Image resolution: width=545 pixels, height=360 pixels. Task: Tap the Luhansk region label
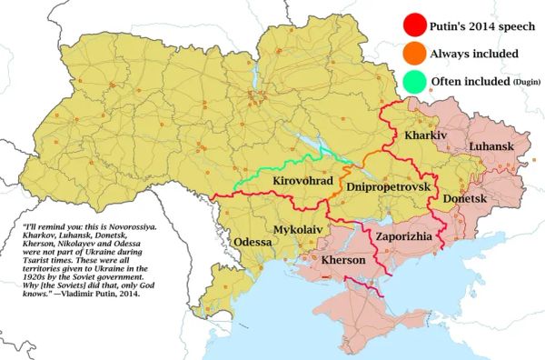[x=491, y=146]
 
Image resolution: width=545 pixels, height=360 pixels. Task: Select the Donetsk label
[x=465, y=198]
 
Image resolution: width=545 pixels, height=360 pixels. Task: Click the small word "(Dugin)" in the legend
[x=526, y=84]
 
